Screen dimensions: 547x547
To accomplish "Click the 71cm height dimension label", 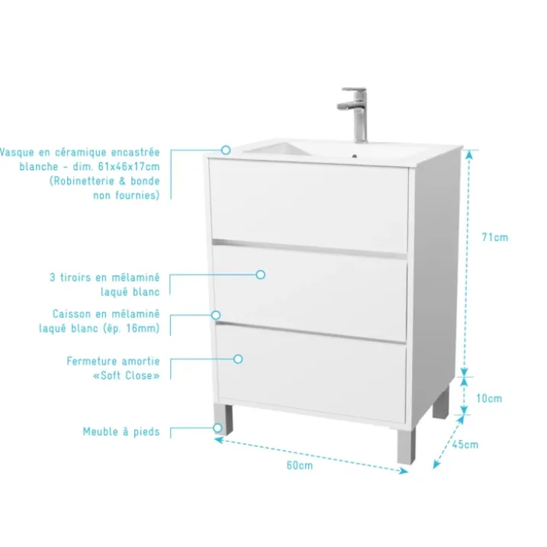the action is point(494,237).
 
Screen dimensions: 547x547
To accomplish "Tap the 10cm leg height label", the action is point(489,398).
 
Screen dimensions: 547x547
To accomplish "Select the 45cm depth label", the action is point(465,445).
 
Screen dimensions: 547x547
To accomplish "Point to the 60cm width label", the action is point(300,465).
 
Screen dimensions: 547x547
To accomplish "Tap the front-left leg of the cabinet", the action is point(224,419).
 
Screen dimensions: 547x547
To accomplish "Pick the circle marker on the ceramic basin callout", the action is point(226,150).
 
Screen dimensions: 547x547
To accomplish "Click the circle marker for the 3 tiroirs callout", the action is point(261,275).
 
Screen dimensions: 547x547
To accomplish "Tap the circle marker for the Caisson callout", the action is point(216,315).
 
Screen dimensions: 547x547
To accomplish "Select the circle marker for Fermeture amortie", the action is point(238,359).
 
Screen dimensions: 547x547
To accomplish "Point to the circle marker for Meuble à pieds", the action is point(217,428).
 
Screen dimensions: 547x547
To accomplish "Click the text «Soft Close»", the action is point(127,375).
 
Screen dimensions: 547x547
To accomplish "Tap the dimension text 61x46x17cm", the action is point(129,167).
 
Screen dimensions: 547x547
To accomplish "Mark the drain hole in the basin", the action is point(355,156).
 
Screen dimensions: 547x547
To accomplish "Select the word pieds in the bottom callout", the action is point(146,433).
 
